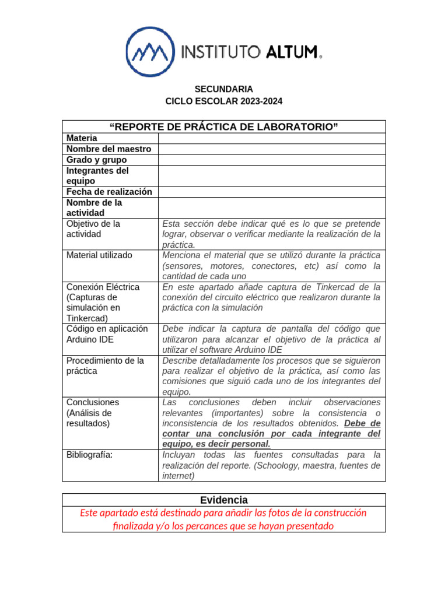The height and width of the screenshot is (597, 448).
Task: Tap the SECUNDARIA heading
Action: (x=224, y=89)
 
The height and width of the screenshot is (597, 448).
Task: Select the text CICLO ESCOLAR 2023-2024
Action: (x=224, y=101)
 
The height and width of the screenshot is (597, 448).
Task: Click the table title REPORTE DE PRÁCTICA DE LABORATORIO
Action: (x=224, y=127)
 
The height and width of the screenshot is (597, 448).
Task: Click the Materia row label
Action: (x=82, y=138)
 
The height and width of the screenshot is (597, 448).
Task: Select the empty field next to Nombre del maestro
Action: (x=272, y=149)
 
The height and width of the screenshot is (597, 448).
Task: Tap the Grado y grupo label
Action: (x=97, y=160)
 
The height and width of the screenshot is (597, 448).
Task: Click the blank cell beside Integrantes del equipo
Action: (x=272, y=176)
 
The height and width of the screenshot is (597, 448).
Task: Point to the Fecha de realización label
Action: (x=109, y=192)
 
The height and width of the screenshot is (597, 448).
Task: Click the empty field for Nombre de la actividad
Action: (x=272, y=208)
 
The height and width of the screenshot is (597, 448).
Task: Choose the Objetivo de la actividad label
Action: (x=93, y=229)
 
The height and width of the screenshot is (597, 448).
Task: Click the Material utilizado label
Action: (x=99, y=255)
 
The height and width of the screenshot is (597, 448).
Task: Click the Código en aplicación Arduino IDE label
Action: (x=103, y=333)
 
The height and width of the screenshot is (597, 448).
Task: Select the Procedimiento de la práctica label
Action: (x=105, y=366)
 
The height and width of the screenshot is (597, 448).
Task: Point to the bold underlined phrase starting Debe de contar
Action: (x=271, y=434)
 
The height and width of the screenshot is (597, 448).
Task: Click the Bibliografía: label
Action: (x=89, y=454)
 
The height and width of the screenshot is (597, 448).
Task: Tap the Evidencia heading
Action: (x=224, y=500)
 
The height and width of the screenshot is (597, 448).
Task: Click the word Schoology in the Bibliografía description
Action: (x=278, y=465)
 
